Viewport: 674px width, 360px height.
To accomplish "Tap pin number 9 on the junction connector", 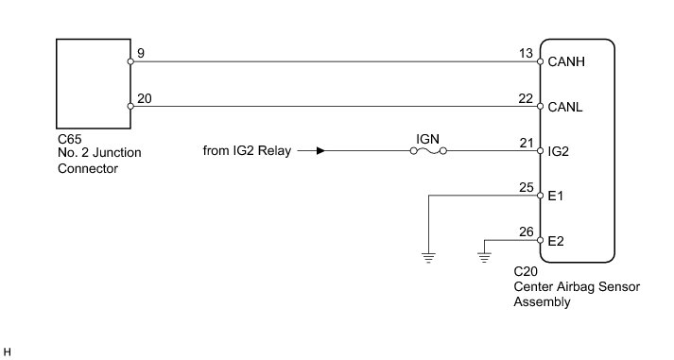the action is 141,53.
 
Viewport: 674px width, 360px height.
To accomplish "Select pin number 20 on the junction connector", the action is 145,99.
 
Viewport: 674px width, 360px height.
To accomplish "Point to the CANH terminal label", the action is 566,61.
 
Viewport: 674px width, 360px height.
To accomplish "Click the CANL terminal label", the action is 565,107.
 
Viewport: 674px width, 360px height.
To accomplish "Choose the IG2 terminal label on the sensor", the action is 559,151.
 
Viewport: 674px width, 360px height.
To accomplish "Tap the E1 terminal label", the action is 555,197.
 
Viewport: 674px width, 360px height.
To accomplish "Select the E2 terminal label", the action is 556,241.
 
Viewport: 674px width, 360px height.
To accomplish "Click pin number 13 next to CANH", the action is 526,53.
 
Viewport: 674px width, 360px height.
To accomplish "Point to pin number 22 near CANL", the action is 526,99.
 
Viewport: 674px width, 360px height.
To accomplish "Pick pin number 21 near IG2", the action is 527,143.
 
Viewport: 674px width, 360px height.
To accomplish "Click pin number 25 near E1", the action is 527,188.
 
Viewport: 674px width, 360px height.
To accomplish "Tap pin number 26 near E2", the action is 527,232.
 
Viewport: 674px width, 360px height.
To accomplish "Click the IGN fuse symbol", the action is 428,151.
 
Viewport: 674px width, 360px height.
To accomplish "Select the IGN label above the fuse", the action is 427,139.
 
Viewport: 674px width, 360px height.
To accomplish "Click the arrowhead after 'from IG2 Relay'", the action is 320,151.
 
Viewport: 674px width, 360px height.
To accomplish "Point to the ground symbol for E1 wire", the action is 428,258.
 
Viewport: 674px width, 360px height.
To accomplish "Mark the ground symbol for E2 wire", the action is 484,258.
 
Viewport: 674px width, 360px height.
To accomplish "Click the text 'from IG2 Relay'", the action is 247,151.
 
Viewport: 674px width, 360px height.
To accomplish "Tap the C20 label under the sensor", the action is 526,271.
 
